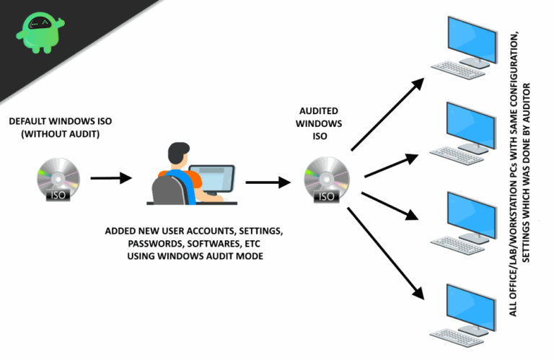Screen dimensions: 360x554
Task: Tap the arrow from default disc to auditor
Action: (x=111, y=177)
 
